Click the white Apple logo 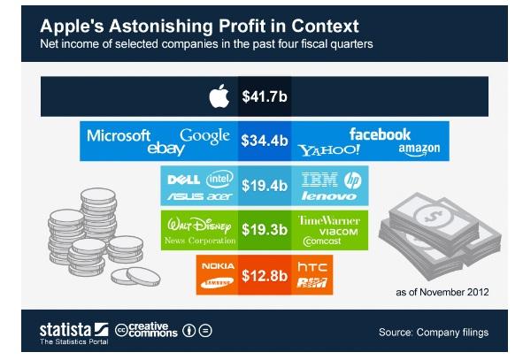[x=219, y=96]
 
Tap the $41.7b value [x=265, y=96]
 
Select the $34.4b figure [x=265, y=141]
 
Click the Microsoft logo [x=119, y=135]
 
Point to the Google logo [x=204, y=136]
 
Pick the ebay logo [x=165, y=149]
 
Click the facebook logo [x=380, y=134]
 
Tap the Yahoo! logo [x=329, y=150]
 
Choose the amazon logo [x=419, y=149]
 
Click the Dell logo [x=184, y=180]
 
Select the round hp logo [x=353, y=180]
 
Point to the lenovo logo [x=329, y=195]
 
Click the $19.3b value [x=265, y=230]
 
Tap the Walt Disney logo [x=199, y=226]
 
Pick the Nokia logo [x=219, y=266]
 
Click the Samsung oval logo [x=218, y=283]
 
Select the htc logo [x=312, y=266]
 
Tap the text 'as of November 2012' [x=442, y=292]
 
